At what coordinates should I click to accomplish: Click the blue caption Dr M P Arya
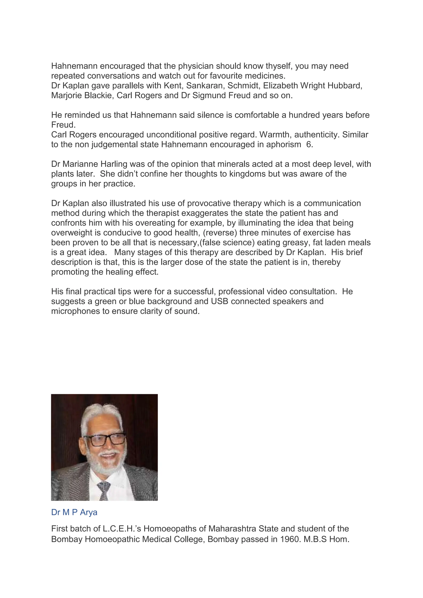[74, 512]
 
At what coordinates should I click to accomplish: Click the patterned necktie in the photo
[104, 491]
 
